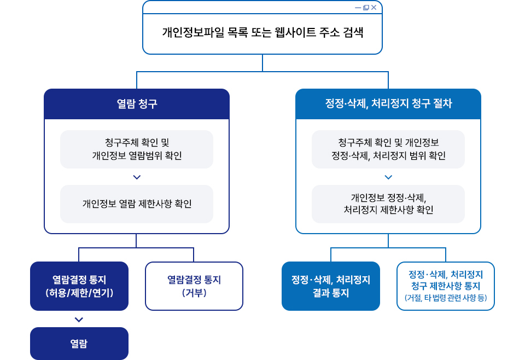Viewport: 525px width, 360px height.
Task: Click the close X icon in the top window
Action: point(374,8)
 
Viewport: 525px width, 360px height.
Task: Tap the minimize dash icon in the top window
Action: point(358,8)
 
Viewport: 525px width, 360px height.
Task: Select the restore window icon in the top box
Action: point(366,8)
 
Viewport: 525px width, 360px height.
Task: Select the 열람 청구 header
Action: point(137,104)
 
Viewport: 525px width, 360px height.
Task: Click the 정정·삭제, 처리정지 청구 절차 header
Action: point(388,104)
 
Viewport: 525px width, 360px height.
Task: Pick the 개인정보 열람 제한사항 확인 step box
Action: point(137,204)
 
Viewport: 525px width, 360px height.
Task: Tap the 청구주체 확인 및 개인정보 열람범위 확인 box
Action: point(137,149)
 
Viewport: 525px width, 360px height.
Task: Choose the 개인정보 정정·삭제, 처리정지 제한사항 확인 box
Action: point(388,204)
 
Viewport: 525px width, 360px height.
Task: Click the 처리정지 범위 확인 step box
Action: point(388,149)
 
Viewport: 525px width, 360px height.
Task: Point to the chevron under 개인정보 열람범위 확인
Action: point(137,177)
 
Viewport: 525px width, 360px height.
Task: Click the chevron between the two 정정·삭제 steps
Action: point(388,177)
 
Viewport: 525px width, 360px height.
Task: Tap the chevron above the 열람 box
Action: point(79,320)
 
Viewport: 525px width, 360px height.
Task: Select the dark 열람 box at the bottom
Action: point(79,344)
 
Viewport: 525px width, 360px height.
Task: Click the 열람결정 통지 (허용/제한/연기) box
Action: point(79,286)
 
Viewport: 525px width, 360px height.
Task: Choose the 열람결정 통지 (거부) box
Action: point(194,286)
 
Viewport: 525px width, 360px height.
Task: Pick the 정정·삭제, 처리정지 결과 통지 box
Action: point(331,286)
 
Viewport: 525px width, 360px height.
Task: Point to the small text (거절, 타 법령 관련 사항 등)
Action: point(446,299)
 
